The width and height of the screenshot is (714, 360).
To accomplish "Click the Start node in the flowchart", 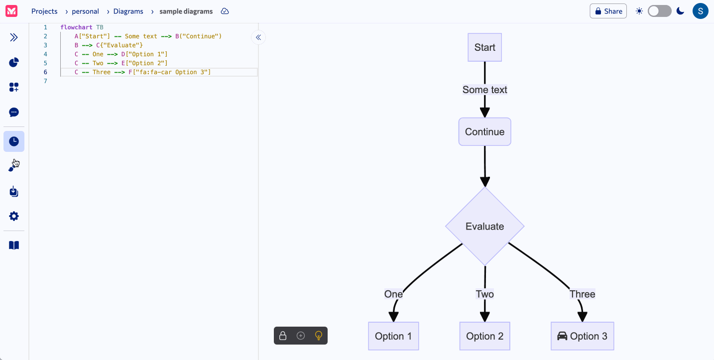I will (484, 47).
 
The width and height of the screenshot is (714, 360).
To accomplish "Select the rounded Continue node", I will (484, 132).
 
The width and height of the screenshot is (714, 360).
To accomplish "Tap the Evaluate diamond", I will (484, 227).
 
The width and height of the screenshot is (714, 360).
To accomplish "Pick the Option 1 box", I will (393, 336).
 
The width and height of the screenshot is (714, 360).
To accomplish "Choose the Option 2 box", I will (484, 336).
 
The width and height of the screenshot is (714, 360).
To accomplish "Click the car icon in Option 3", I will (562, 336).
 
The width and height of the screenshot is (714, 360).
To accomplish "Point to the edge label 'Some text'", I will (484, 90).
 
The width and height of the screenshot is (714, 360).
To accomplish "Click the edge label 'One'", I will (393, 294).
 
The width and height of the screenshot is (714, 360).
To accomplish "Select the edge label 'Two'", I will (484, 294).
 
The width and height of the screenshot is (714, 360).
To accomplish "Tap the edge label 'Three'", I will (582, 294).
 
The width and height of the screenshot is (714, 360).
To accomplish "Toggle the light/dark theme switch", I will (659, 11).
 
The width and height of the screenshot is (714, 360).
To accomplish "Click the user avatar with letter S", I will (700, 11).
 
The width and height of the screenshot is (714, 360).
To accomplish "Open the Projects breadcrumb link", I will (44, 11).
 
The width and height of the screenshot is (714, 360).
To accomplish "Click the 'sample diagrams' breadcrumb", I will (186, 11).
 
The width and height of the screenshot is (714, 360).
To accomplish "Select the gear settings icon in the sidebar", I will (14, 216).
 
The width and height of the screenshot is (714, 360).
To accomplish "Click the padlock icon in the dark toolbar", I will (283, 336).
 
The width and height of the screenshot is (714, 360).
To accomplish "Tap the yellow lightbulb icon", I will (319, 336).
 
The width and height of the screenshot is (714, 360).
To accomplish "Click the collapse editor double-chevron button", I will (258, 37).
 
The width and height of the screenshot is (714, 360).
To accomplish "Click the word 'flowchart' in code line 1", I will (76, 27).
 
